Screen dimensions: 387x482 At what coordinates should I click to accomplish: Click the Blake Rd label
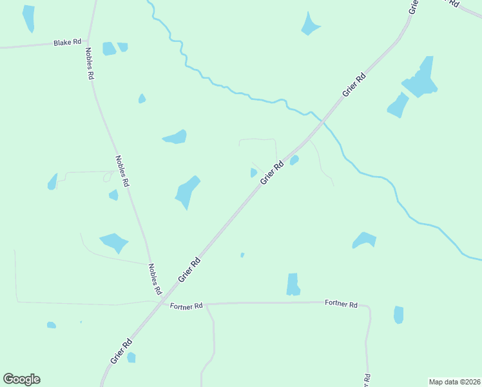[68, 42]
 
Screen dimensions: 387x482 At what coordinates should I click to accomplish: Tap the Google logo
[21, 379]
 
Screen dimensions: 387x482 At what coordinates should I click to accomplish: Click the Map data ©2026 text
[454, 381]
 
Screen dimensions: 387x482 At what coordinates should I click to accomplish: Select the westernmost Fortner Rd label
[186, 306]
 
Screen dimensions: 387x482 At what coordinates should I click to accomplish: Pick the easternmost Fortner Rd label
[341, 303]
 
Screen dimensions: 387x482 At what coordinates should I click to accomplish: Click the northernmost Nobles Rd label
[90, 63]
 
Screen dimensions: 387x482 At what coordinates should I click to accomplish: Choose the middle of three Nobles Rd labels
[122, 171]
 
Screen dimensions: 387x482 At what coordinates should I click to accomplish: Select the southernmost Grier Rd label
[121, 352]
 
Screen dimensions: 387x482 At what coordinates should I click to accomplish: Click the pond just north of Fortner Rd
[293, 284]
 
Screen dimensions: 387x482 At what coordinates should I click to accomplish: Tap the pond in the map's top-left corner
[28, 18]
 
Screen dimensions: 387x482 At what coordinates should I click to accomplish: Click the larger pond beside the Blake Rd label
[109, 48]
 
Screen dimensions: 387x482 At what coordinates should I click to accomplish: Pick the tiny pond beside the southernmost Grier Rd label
[131, 357]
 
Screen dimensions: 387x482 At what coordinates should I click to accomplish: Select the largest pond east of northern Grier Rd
[419, 79]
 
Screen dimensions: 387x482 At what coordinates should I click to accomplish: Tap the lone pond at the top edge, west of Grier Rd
[310, 25]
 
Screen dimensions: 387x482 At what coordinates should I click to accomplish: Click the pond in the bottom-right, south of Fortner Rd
[398, 315]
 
